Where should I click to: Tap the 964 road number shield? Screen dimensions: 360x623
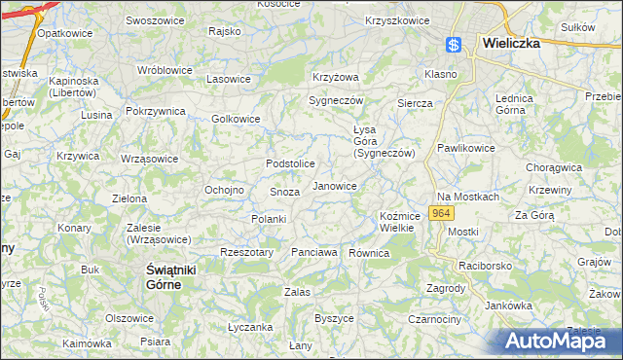pyautogui.click(x=441, y=211)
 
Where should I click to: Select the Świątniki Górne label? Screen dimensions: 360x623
pyautogui.click(x=160, y=275)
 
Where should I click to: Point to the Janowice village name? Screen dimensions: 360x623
pyautogui.click(x=334, y=185)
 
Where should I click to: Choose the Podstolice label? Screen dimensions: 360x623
pyautogui.click(x=291, y=163)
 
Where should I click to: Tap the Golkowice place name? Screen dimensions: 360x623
pyautogui.click(x=237, y=119)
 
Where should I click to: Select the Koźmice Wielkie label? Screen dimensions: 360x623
pyautogui.click(x=398, y=221)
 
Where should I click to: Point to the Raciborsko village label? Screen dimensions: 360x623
pyautogui.click(x=487, y=264)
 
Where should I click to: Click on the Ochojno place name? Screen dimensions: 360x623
pyautogui.click(x=223, y=189)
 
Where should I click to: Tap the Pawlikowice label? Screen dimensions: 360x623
pyautogui.click(x=465, y=148)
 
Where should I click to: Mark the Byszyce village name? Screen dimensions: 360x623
pyautogui.click(x=334, y=318)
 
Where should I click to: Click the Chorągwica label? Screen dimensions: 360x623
pyautogui.click(x=553, y=166)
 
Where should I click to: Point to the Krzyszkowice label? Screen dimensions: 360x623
pyautogui.click(x=397, y=20)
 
